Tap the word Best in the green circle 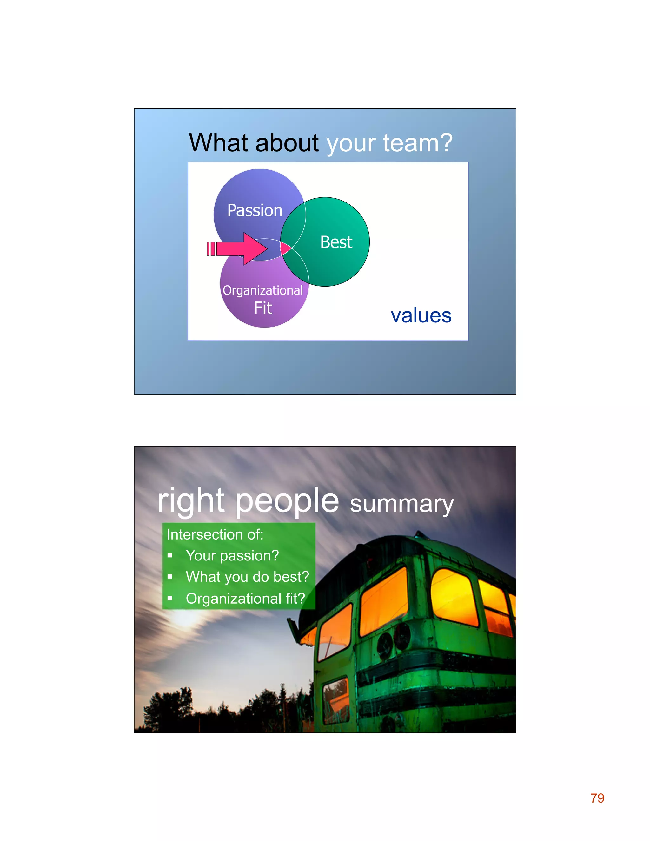[336, 242]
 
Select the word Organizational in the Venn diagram [262, 290]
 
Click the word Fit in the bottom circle [263, 308]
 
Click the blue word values [421, 316]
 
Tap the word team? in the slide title [417, 143]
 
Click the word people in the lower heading [287, 500]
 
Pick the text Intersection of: [215, 534]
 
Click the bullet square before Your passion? [170, 556]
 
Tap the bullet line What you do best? [247, 577]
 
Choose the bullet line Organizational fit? [245, 599]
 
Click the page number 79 [597, 798]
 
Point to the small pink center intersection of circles [285, 248]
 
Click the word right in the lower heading [191, 500]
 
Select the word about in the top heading [287, 143]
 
